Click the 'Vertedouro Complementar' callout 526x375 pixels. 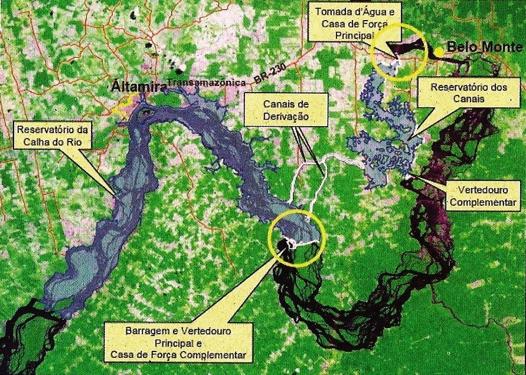483,198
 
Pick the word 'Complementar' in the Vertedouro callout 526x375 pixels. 483,203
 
